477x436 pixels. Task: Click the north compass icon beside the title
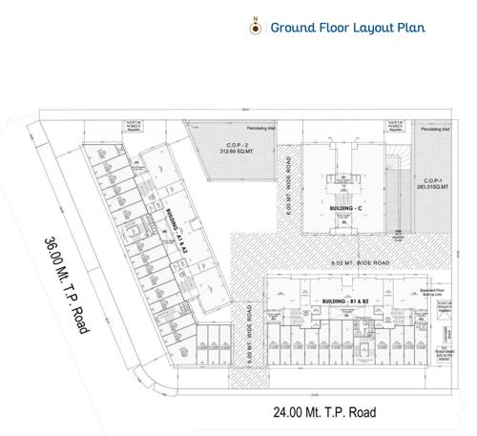pos(255,26)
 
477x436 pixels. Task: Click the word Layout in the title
pos(364,27)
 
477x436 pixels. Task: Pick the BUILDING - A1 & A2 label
pos(176,223)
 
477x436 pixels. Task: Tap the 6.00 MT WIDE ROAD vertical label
pos(287,190)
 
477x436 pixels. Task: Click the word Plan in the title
pos(409,27)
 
